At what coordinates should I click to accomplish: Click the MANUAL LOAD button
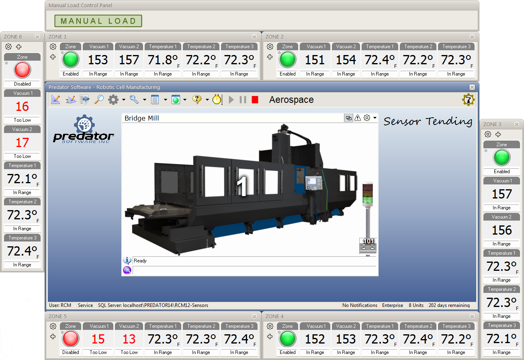(x=98, y=21)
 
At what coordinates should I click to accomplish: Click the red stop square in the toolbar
(x=255, y=100)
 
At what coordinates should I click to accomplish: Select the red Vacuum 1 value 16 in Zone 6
(x=22, y=106)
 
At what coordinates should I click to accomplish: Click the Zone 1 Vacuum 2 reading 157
(x=129, y=60)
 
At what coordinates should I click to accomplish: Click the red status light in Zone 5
(x=70, y=340)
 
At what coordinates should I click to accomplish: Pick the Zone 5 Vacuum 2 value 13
(x=129, y=340)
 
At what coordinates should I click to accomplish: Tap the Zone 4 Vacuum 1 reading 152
(x=315, y=340)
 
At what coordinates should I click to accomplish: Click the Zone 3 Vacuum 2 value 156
(x=501, y=230)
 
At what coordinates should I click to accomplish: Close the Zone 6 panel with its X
(x=37, y=37)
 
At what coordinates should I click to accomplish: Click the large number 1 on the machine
(x=242, y=186)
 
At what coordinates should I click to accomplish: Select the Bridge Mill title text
(x=142, y=118)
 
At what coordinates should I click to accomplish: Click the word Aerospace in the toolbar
(x=291, y=100)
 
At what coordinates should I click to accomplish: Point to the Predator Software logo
(x=84, y=129)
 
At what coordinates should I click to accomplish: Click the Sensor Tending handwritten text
(x=428, y=121)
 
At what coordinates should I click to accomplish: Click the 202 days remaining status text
(x=449, y=305)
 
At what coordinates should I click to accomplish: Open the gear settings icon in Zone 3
(x=488, y=135)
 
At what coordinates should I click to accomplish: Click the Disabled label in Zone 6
(x=22, y=84)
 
